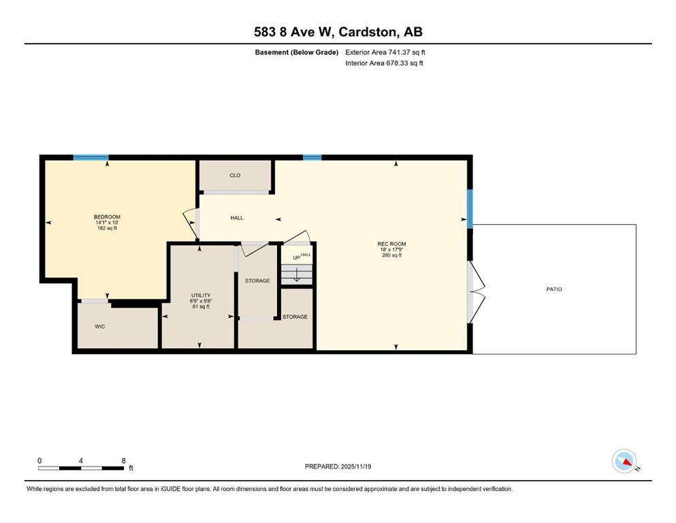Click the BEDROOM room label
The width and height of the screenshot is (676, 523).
point(107,217)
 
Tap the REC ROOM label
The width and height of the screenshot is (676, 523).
point(391,244)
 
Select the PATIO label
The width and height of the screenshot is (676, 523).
point(554,289)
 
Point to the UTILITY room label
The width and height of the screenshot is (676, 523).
point(201,296)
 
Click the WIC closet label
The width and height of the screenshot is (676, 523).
point(99,326)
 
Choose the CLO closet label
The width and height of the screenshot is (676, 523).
point(235,176)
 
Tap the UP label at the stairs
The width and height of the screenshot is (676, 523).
point(297,258)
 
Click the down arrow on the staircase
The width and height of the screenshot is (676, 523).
point(297,274)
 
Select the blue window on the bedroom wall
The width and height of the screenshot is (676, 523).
point(91,157)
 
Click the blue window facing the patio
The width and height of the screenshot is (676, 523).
point(470,208)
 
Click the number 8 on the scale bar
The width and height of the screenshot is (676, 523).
point(123,460)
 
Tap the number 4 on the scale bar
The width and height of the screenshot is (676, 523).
point(80,460)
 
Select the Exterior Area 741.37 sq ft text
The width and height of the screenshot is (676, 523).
point(385,52)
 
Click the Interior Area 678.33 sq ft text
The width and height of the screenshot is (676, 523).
point(384,63)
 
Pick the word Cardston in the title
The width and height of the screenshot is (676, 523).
point(368,32)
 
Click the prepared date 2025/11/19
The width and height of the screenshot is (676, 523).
point(355,466)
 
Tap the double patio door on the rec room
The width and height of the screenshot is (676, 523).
point(474,292)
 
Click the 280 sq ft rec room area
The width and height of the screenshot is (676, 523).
point(391,255)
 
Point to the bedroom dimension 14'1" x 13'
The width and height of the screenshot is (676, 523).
point(107,223)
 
